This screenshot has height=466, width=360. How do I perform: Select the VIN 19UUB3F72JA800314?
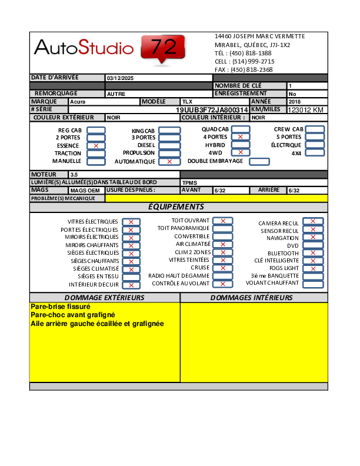pos(212,110)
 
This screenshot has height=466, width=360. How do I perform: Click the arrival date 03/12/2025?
pos(121,78)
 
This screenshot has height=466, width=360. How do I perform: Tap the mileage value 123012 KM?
pos(305,110)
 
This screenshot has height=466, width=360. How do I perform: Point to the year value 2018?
pos(295,102)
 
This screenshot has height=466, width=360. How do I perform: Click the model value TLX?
pos(188,102)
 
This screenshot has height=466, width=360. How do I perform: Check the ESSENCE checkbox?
pos(96,145)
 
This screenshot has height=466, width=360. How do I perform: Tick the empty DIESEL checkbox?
pos(169,145)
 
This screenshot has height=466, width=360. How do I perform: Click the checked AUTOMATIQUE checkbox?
pos(169,161)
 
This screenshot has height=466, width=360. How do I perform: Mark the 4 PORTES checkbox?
pos(240,137)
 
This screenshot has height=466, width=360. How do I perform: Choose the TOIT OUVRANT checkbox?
pos(222,221)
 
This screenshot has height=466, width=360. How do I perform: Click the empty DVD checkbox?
pos(313,245)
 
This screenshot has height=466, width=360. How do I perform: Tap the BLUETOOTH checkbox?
pos(313,253)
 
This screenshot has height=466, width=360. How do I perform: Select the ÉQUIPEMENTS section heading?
pos(176,207)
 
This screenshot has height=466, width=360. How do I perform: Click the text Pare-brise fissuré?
pos(60,307)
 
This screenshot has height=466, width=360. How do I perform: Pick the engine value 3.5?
pos(74,175)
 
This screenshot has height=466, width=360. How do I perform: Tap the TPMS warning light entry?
pos(189,182)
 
